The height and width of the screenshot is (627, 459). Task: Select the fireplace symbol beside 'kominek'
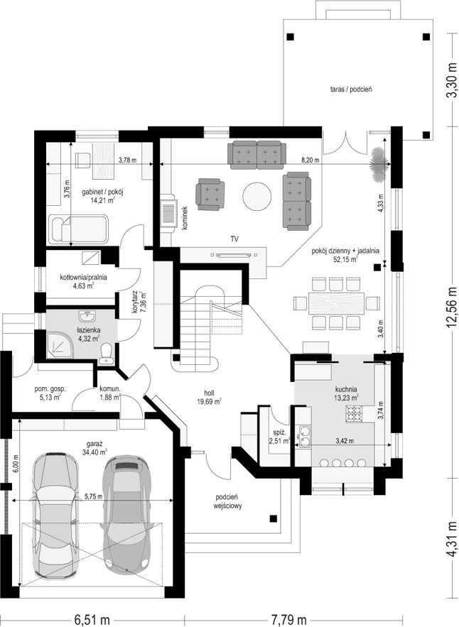(x=168, y=214)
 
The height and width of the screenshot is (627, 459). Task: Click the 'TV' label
(x=234, y=239)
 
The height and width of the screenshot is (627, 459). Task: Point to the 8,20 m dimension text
(x=310, y=160)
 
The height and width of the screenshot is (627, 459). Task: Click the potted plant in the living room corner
(x=378, y=164)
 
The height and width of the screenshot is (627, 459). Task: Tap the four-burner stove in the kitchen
(x=353, y=414)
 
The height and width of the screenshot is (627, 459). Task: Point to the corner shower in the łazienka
(x=60, y=344)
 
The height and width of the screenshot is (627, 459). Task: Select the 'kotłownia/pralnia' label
(x=84, y=277)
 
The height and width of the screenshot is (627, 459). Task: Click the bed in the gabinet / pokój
(x=78, y=229)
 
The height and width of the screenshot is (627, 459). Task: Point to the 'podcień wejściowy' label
(x=227, y=501)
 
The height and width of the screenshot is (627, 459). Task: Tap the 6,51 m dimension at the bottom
(x=93, y=620)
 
